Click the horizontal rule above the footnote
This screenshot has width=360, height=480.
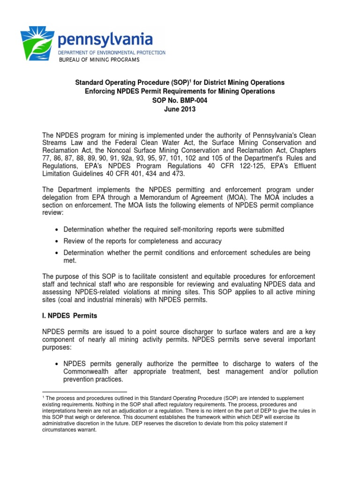[x=84, y=391]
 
